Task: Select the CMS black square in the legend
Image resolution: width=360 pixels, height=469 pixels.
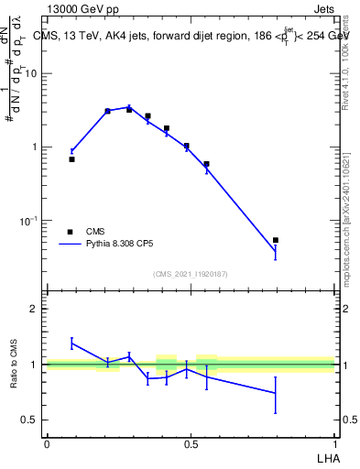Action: point(70,232)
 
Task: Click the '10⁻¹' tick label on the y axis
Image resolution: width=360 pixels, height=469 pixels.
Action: point(30,221)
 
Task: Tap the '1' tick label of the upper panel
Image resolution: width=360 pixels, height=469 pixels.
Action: point(36,147)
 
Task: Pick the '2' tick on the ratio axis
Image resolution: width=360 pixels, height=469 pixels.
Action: point(36,310)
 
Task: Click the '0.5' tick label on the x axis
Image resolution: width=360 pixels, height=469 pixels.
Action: point(191,444)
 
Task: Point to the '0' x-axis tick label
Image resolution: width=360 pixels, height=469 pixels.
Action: point(47,444)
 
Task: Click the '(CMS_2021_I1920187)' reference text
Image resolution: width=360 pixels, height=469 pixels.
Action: point(191,274)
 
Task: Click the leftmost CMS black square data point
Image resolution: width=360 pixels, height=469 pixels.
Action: point(71,159)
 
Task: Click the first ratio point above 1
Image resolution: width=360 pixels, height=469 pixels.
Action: point(71,344)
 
